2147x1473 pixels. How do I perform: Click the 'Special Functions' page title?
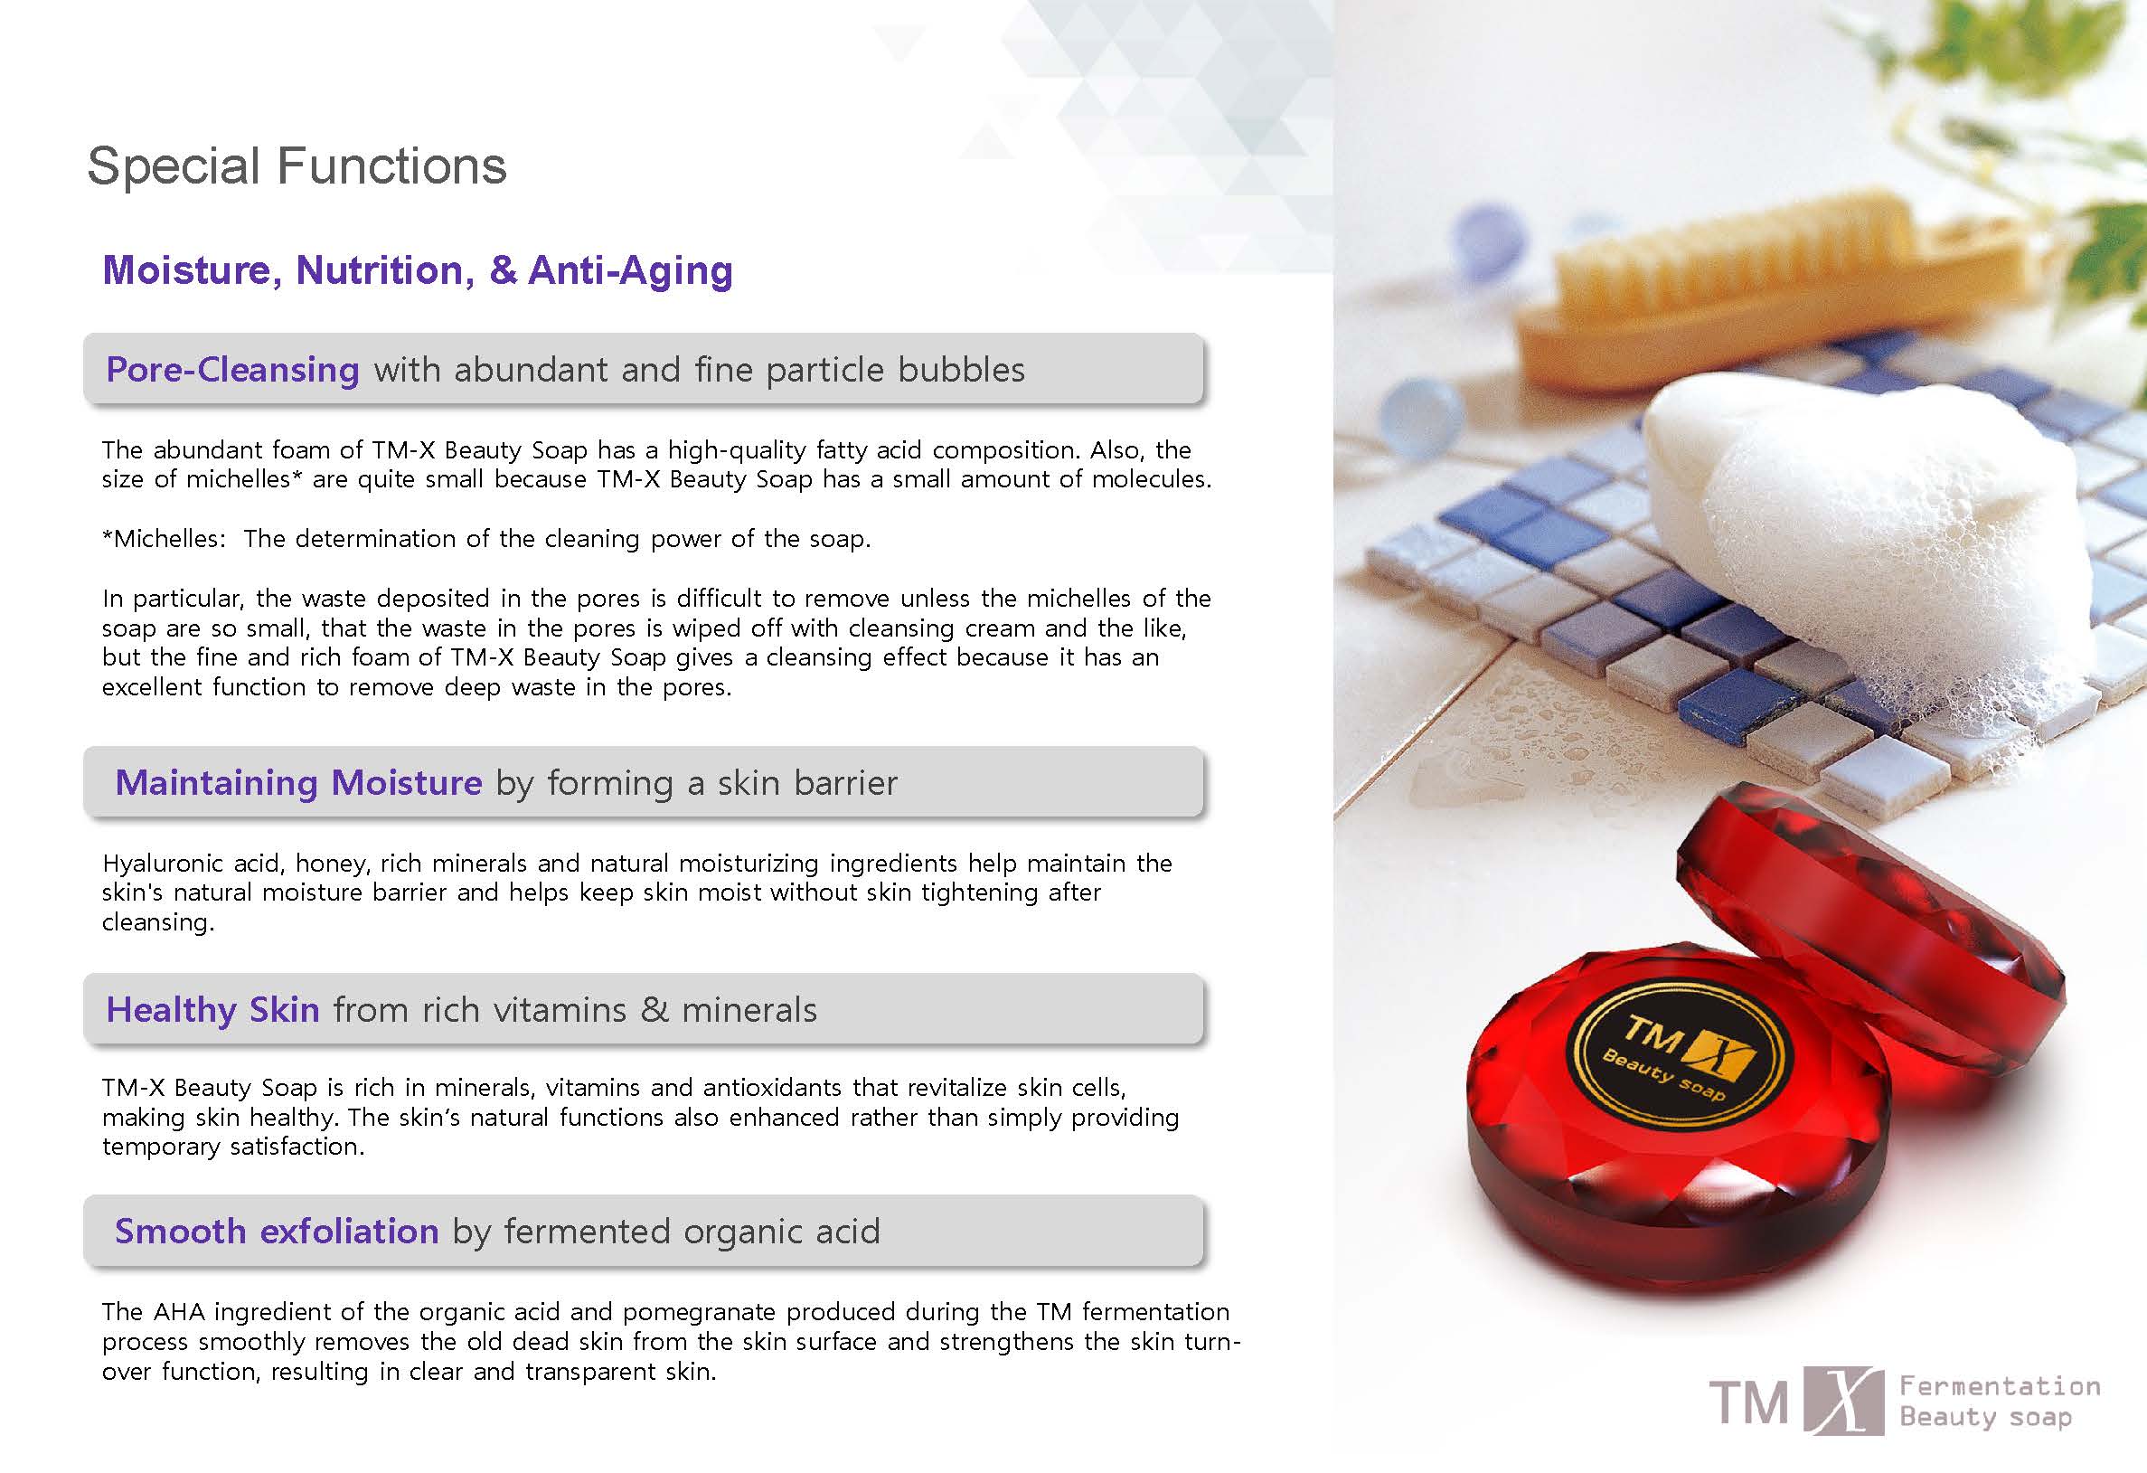point(297,166)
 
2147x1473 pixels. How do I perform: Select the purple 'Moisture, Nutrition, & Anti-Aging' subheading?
point(418,269)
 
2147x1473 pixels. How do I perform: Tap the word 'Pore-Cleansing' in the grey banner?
point(233,370)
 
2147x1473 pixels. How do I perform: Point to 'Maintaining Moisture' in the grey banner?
point(298,783)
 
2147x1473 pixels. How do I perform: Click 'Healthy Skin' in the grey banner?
point(213,1010)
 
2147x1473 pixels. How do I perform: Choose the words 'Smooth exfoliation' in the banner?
point(277,1231)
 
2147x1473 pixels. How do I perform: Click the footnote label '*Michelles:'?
point(164,539)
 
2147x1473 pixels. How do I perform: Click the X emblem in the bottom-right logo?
point(1843,1401)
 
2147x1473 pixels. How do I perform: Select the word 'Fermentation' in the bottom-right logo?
point(2001,1386)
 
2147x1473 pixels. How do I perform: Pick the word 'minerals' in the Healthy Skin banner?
point(749,1010)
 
